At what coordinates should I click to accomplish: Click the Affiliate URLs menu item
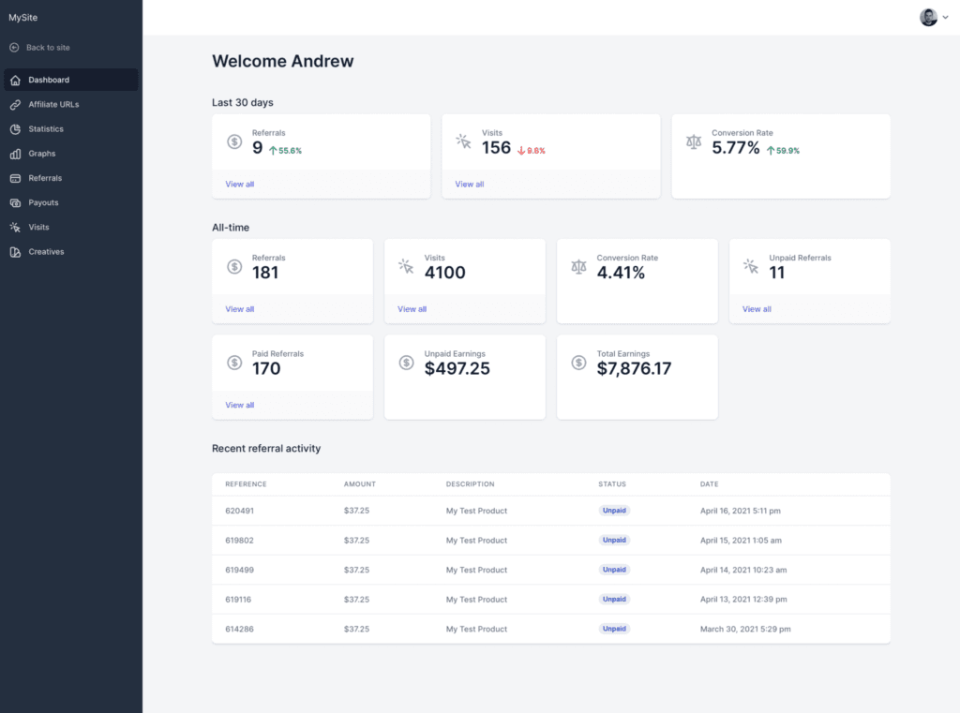click(x=53, y=104)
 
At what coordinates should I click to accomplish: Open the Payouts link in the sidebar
click(x=43, y=202)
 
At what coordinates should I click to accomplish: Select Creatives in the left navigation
click(x=46, y=251)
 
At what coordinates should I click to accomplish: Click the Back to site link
click(x=47, y=47)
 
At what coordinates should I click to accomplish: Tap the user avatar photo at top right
click(x=928, y=17)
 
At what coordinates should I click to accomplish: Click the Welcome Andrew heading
click(x=283, y=62)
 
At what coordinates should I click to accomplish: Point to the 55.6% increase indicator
click(x=286, y=150)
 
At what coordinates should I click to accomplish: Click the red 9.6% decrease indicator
click(x=532, y=150)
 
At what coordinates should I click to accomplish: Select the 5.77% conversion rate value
click(x=735, y=148)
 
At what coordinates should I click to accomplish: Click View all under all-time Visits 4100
click(x=412, y=308)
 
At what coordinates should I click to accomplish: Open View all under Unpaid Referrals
click(x=757, y=308)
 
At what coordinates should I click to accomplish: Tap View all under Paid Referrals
click(x=239, y=405)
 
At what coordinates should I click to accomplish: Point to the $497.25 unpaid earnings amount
click(x=457, y=368)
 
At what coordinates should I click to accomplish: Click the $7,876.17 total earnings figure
click(x=634, y=368)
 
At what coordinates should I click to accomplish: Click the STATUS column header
click(x=611, y=484)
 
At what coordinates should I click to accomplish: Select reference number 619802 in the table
click(x=239, y=540)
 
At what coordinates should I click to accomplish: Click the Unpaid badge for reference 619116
click(x=614, y=599)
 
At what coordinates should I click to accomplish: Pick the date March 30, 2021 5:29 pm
click(x=746, y=629)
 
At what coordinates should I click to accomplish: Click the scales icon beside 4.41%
click(x=578, y=267)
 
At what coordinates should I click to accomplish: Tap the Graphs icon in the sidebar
click(x=15, y=154)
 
